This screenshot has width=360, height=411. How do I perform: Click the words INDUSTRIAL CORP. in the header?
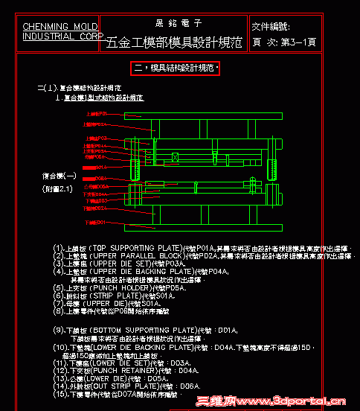tap(62, 36)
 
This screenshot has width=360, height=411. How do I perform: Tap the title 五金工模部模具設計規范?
tap(175, 42)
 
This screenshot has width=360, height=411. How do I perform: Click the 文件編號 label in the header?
tap(274, 26)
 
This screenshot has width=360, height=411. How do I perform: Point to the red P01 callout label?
tap(97, 114)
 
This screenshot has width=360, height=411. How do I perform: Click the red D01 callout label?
tap(97, 222)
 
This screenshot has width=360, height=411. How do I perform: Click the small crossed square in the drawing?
tap(175, 157)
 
